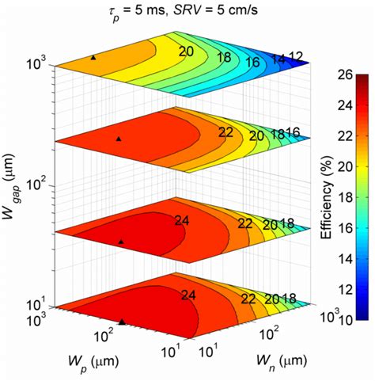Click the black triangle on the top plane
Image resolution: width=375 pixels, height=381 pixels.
coord(93,58)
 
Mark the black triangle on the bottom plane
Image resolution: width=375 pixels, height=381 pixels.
coord(122,322)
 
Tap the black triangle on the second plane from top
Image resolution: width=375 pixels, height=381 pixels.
coord(119,139)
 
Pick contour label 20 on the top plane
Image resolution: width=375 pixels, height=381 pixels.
coord(186,51)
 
